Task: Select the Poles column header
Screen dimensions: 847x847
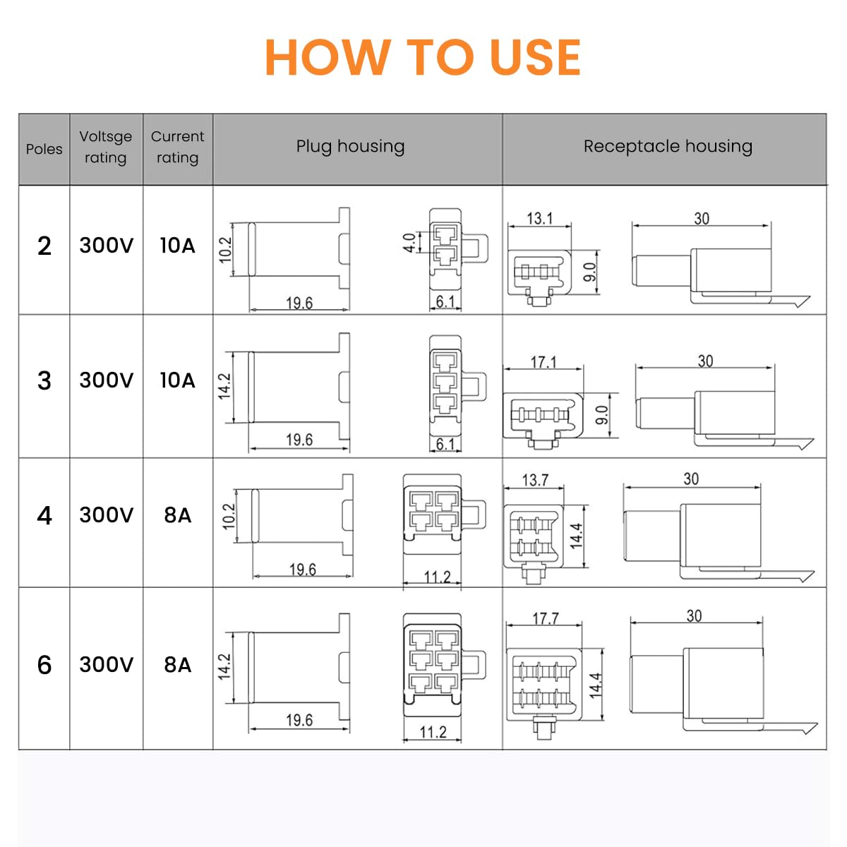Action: pyautogui.click(x=44, y=149)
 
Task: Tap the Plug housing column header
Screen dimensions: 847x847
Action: pyautogui.click(x=350, y=146)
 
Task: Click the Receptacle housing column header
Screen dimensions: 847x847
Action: pyautogui.click(x=667, y=146)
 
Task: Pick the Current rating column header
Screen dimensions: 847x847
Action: pyautogui.click(x=177, y=147)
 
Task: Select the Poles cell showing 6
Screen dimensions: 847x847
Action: pyautogui.click(x=44, y=665)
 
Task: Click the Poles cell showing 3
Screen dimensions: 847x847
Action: pyautogui.click(x=44, y=380)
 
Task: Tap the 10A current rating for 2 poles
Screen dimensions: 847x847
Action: pyautogui.click(x=177, y=246)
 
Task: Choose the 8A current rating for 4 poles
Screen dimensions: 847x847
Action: pyautogui.click(x=177, y=515)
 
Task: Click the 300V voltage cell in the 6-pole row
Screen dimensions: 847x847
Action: pyautogui.click(x=106, y=665)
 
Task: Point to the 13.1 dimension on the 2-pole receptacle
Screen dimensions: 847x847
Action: pyautogui.click(x=539, y=218)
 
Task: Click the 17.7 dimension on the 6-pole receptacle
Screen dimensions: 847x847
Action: pyautogui.click(x=545, y=618)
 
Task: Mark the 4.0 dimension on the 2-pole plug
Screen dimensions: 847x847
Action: pyautogui.click(x=409, y=244)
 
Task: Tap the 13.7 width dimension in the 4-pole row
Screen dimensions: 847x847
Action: pyautogui.click(x=534, y=480)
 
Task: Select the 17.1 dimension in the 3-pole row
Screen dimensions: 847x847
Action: pyautogui.click(x=543, y=362)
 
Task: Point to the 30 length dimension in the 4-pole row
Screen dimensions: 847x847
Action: pyautogui.click(x=691, y=479)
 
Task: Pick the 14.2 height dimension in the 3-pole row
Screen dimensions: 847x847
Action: pyautogui.click(x=224, y=387)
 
